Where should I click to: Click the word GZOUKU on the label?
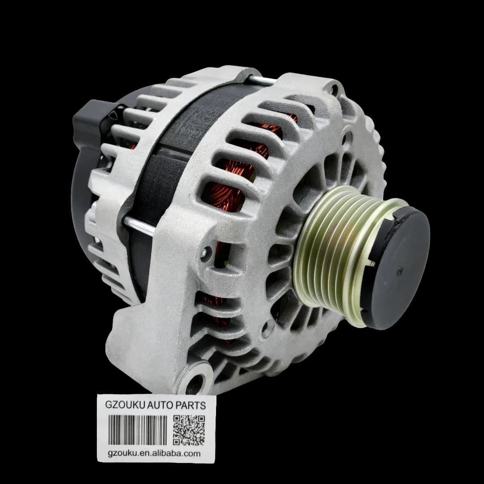(x=125, y=405)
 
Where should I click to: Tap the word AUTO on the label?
(x=160, y=405)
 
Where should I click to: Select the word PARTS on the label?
(x=190, y=405)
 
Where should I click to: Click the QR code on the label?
(x=189, y=430)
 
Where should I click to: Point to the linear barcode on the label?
(x=138, y=430)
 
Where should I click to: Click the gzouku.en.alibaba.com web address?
(x=154, y=454)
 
